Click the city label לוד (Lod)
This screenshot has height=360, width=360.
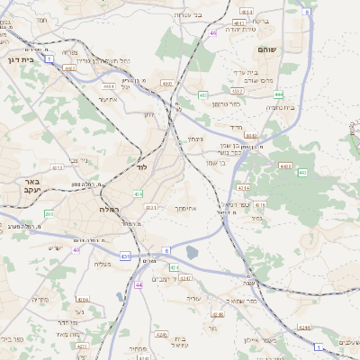tap(140, 167)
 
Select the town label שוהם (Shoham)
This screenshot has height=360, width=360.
tap(266, 49)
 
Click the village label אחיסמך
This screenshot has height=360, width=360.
tap(184, 209)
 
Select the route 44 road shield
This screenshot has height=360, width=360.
tap(139, 284)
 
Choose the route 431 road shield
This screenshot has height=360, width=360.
tap(124, 256)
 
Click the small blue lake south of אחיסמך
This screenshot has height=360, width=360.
tap(191, 253)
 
